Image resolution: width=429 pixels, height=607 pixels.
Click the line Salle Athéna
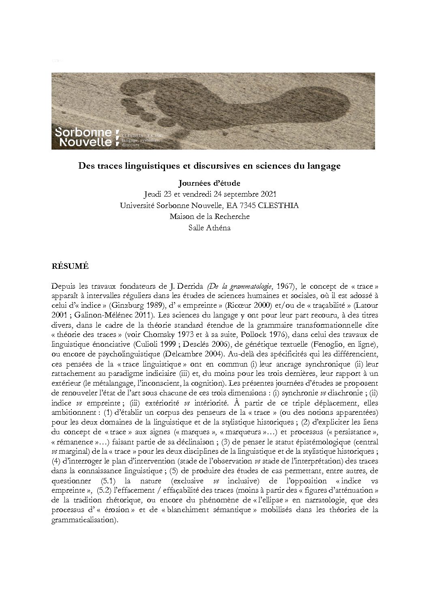coord(209,227)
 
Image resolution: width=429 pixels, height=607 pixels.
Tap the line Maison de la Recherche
coord(209,217)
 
